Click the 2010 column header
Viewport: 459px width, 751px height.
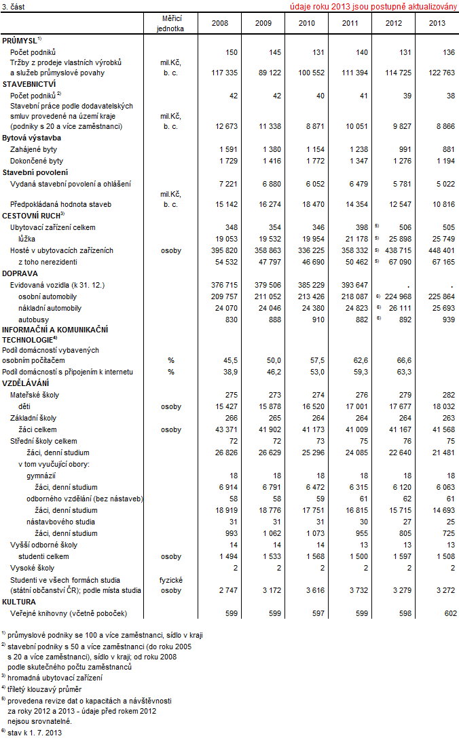[307, 23]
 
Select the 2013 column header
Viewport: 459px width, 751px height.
[437, 23]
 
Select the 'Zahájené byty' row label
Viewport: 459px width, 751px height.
[31, 149]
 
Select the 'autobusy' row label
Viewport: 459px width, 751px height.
[32, 320]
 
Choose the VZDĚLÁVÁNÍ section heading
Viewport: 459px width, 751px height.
[25, 383]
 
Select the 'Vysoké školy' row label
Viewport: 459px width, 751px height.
[32, 568]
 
